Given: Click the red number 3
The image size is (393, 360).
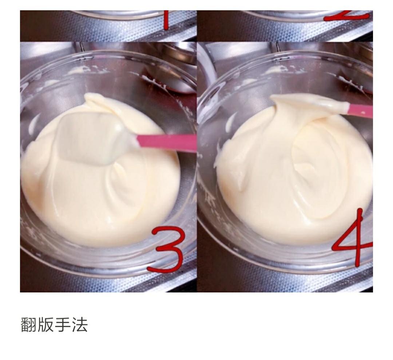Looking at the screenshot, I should pos(166,249).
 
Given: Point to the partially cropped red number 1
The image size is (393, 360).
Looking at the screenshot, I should pos(166,20).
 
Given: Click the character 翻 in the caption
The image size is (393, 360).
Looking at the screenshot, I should pos(29,324).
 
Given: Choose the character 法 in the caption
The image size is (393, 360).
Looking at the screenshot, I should pos(80,324).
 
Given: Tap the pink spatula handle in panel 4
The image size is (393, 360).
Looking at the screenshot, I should pos(360,110).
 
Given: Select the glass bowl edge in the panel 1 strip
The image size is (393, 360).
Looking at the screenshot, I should pos(109,15).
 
